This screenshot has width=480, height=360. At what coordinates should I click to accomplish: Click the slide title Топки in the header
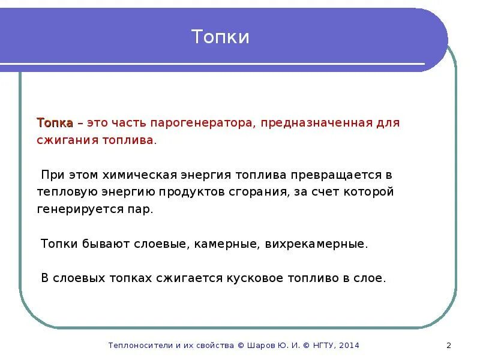pyautogui.click(x=220, y=37)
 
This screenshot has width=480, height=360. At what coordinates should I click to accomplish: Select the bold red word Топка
pyautogui.click(x=55, y=122)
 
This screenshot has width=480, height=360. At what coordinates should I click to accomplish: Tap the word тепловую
pyautogui.click(x=62, y=192)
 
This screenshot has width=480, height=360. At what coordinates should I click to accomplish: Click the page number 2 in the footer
pyautogui.click(x=449, y=345)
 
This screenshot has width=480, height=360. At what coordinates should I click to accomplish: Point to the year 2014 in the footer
pyautogui.click(x=349, y=345)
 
